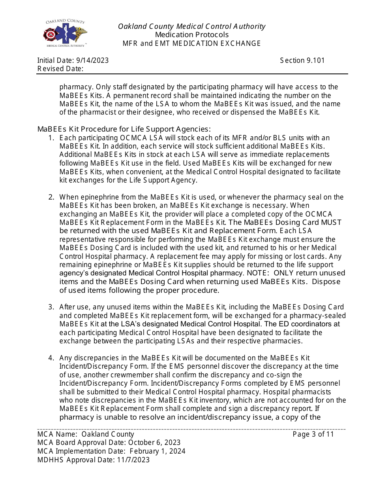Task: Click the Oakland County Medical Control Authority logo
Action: click(x=65, y=33)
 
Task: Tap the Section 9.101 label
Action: click(x=302, y=60)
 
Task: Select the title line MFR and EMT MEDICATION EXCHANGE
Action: click(x=191, y=43)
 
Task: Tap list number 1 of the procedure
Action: click(x=51, y=138)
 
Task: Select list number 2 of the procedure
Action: click(x=51, y=197)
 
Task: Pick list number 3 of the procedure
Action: click(x=51, y=307)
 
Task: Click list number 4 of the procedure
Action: click(x=51, y=358)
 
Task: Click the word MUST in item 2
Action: click(x=331, y=222)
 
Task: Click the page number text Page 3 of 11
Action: click(x=313, y=434)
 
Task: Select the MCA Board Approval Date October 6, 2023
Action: click(x=154, y=443)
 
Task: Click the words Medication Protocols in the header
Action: click(x=191, y=35)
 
